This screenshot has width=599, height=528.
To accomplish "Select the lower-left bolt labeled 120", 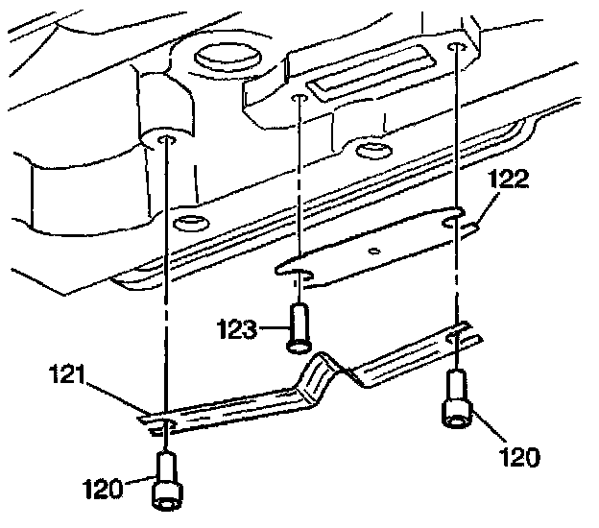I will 168,485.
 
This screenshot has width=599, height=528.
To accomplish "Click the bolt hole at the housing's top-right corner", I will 457,47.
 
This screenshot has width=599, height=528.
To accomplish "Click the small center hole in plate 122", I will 373,250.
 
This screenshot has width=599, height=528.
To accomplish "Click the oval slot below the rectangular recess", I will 369,151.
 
